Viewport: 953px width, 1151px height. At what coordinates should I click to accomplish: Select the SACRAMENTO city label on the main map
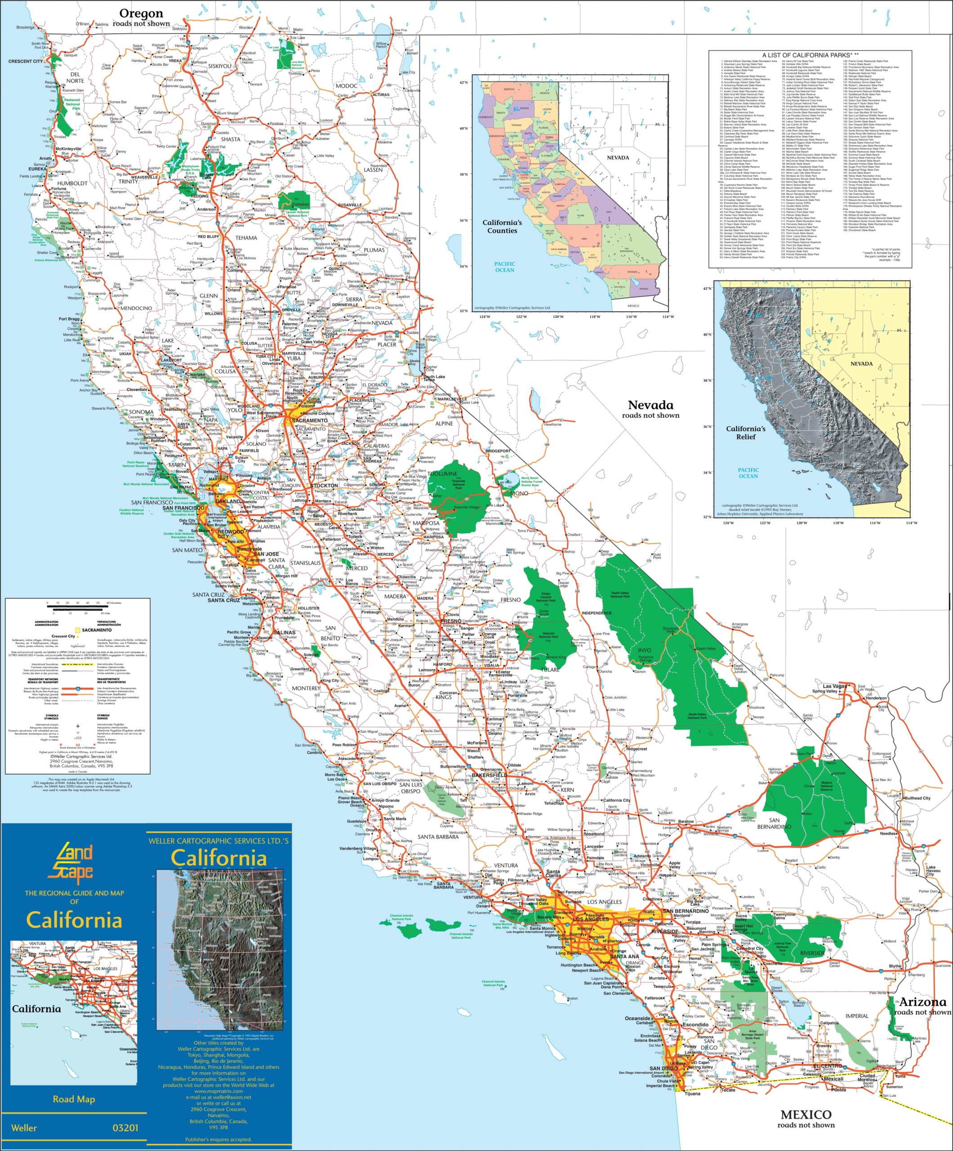tap(310, 420)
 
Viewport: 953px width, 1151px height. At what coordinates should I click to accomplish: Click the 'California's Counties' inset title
tap(502, 226)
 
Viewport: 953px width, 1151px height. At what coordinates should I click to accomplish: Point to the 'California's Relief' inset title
tap(745, 433)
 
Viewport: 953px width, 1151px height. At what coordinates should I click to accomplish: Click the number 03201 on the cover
tap(125, 1128)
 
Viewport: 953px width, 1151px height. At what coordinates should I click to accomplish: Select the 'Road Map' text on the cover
tap(74, 1099)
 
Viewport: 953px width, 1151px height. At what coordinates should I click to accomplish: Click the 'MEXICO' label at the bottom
tap(806, 1114)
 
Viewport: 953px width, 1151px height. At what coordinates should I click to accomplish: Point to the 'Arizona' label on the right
tap(922, 1002)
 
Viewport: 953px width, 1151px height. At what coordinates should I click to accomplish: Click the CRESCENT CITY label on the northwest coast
tap(25, 62)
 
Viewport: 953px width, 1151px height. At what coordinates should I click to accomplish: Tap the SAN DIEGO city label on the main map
tap(664, 1068)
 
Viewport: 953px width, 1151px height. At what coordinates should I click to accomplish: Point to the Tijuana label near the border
tap(692, 1093)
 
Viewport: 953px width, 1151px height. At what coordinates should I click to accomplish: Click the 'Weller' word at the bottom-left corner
tap(24, 1128)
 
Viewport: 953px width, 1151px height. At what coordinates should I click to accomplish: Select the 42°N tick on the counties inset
tap(463, 83)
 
